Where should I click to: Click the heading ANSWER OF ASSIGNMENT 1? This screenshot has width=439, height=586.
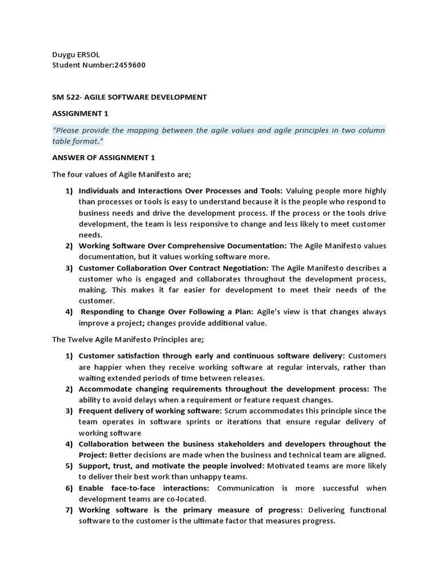[103, 157]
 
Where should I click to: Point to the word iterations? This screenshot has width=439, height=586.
[236, 422]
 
